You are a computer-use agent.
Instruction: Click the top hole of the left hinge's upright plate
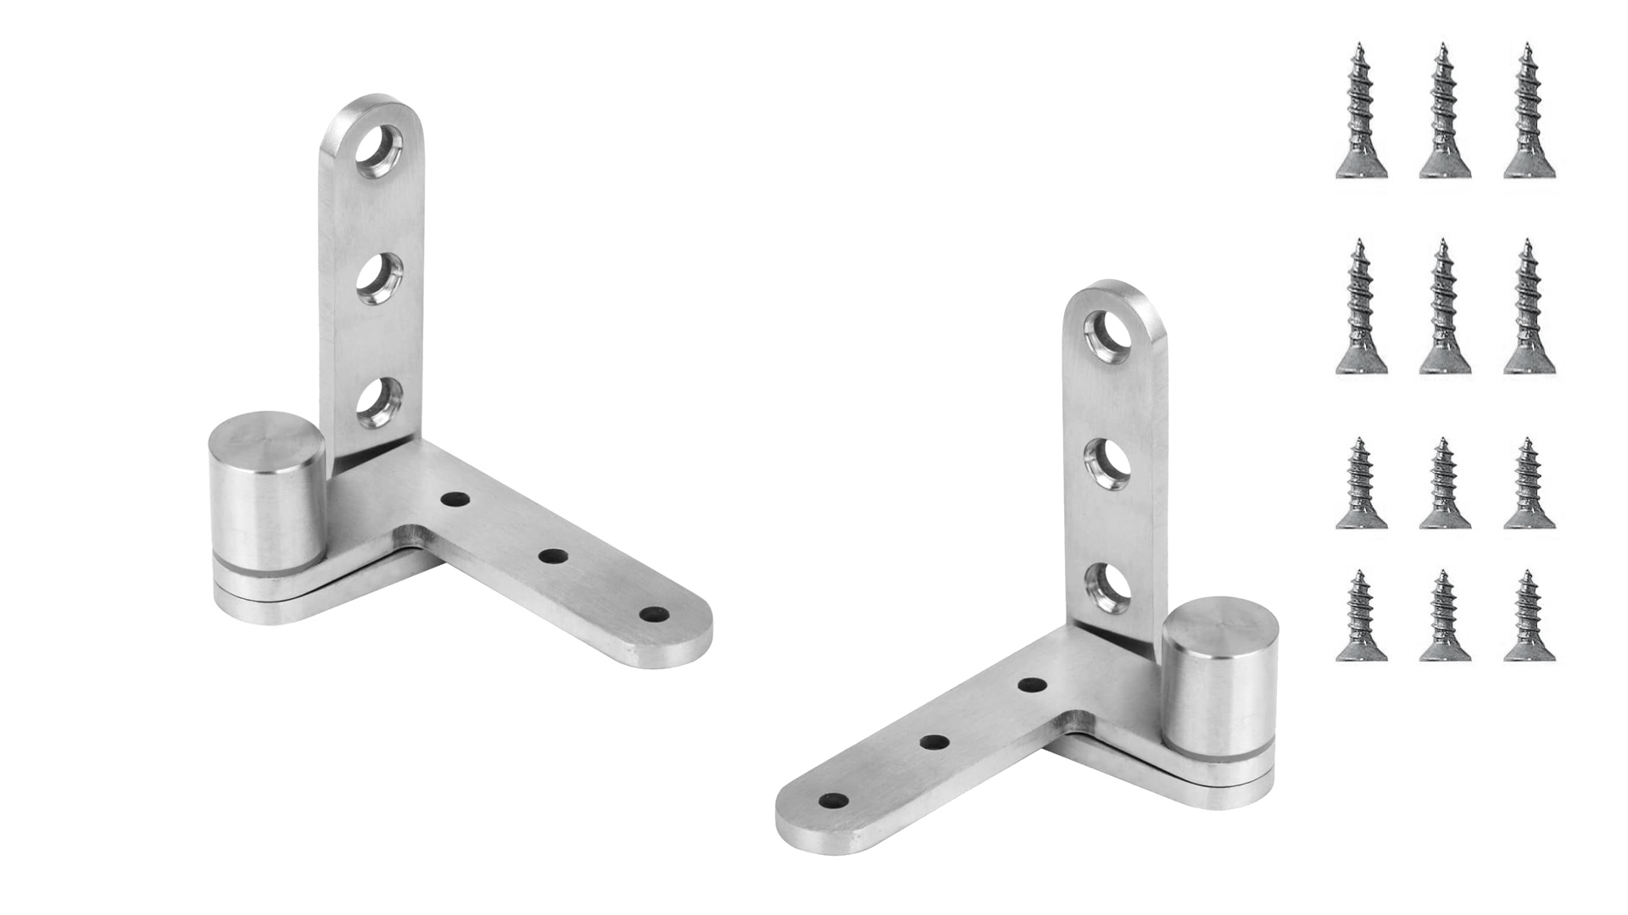pos(379,152)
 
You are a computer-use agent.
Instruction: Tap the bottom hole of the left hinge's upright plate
pos(379,402)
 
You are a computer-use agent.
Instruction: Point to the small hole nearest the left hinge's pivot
pos(455,500)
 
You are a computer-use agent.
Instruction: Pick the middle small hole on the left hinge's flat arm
pos(553,557)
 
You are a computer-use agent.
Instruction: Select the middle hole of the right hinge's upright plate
pos(1109,463)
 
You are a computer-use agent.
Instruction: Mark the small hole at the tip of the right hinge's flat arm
pos(834,800)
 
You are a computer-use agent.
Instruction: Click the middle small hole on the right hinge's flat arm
pos(934,743)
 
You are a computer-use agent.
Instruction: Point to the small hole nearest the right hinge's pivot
pos(1031,685)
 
